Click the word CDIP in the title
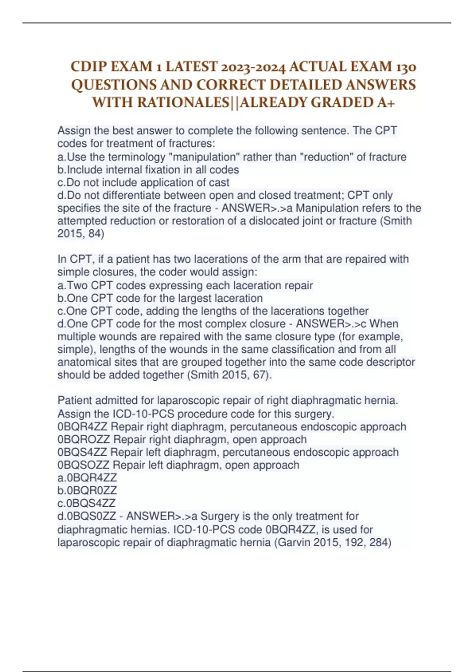88,67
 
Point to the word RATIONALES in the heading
183,102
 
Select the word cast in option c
219,183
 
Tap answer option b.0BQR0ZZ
87,491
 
